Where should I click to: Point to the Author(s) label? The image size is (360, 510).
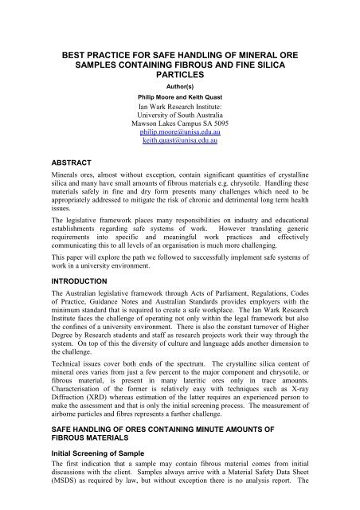[179, 88]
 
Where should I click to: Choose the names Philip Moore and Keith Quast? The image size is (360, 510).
[179, 100]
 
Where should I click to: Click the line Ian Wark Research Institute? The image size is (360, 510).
[179, 111]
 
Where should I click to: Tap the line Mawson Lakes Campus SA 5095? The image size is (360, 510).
[179, 131]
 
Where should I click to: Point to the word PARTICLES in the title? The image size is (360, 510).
[179, 75]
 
